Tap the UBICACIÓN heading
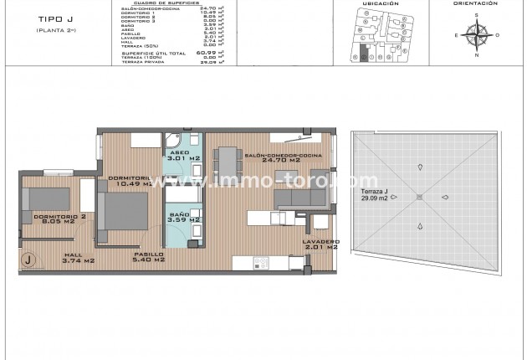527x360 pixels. [x=380, y=3]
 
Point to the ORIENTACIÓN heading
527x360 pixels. [x=477, y=3]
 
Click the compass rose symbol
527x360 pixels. [x=478, y=34]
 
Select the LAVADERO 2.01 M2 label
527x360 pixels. [x=320, y=244]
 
